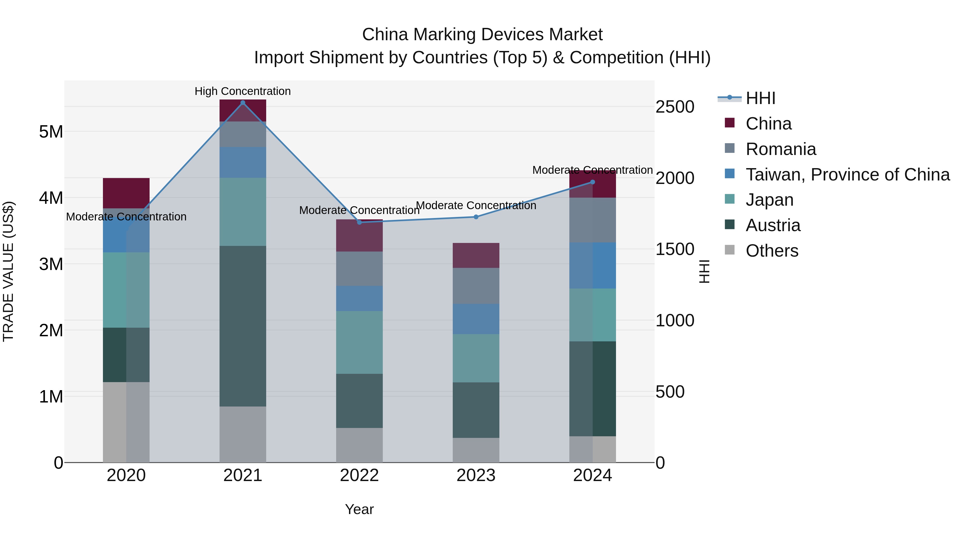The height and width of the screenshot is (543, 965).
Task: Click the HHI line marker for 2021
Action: tap(243, 103)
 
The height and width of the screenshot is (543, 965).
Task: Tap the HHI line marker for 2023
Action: tap(476, 217)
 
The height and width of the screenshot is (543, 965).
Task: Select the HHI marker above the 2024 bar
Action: tap(593, 182)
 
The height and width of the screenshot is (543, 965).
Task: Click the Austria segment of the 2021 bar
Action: tap(243, 326)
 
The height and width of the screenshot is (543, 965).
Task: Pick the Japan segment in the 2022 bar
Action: tap(359, 342)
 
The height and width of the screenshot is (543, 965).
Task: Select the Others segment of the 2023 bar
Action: tap(476, 450)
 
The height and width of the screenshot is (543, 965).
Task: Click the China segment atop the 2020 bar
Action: tap(126, 193)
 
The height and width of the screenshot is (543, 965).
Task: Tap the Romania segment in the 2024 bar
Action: tap(593, 220)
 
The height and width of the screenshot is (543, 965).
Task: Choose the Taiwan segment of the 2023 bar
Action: tap(476, 319)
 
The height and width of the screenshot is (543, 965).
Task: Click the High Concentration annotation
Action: tap(243, 91)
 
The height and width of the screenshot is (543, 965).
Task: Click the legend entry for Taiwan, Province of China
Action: tap(847, 175)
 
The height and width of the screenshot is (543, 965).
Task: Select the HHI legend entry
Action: tap(760, 98)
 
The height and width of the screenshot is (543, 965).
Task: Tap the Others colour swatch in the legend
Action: tap(730, 250)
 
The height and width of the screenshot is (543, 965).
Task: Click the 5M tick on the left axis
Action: tap(51, 132)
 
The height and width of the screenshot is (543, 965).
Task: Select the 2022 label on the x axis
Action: tap(359, 475)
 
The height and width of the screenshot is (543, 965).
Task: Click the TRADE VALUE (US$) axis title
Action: tap(8, 271)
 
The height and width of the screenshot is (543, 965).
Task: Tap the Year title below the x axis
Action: tap(359, 509)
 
